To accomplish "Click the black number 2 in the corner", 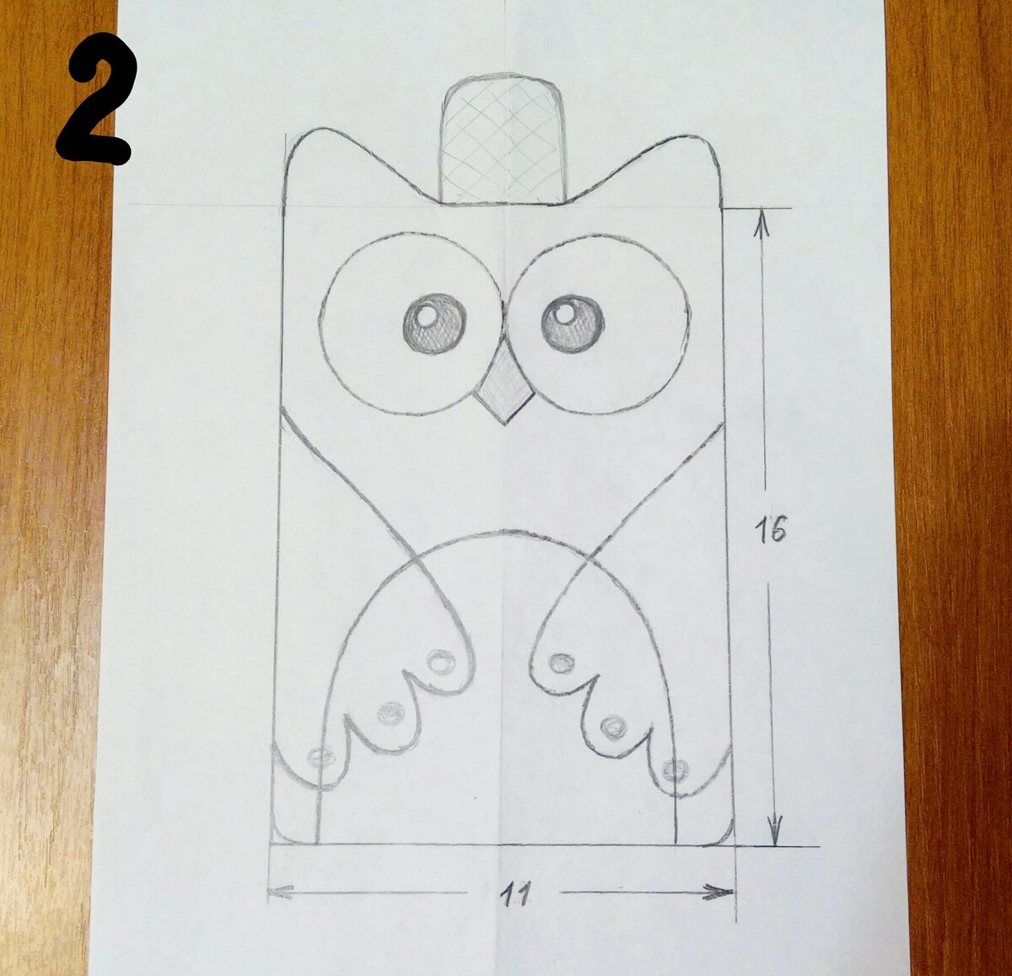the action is [95, 98].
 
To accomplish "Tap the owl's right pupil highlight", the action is [564, 313].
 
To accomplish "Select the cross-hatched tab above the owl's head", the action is [502, 139].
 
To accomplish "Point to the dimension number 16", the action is [770, 529].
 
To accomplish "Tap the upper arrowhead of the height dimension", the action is [762, 224].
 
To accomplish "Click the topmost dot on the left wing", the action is [441, 662].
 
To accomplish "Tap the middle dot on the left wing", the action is [391, 713].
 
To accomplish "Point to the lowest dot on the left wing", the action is [320, 757].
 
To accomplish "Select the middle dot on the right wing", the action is [614, 727].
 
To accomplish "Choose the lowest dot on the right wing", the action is [676, 770].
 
